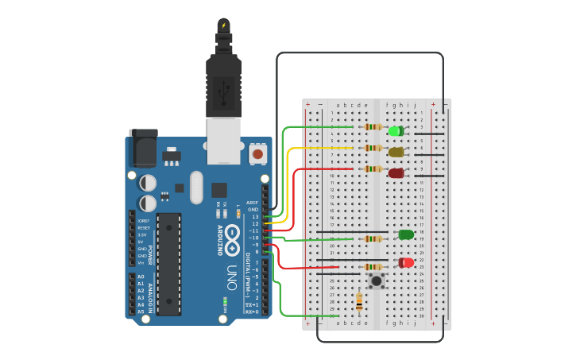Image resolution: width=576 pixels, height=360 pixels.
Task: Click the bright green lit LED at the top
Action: [x=395, y=131]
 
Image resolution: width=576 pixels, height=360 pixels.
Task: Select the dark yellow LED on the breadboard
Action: [x=396, y=152]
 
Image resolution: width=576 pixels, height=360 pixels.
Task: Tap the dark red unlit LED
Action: [x=396, y=173]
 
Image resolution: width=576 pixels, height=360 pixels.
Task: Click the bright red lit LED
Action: [x=406, y=262]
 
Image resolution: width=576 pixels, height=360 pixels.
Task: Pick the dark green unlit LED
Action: [x=406, y=234]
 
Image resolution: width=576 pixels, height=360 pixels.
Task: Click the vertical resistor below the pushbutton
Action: [x=359, y=301]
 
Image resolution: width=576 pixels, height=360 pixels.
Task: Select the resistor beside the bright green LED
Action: [x=372, y=127]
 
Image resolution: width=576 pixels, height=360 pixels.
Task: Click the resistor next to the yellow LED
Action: [x=372, y=148]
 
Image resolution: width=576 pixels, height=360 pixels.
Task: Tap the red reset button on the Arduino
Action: [x=257, y=153]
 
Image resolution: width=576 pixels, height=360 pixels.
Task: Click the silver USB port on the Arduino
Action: [x=223, y=141]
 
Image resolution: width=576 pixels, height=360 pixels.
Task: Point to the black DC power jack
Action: [x=142, y=148]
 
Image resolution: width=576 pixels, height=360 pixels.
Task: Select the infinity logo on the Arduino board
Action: [x=232, y=238]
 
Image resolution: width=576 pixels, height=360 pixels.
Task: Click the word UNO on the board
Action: [x=232, y=277]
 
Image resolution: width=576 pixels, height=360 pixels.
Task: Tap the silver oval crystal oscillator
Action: [x=196, y=188]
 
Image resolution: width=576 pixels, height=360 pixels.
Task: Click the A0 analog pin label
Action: [x=141, y=277]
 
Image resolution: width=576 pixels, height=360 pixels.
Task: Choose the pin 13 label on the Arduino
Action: [x=254, y=216]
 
